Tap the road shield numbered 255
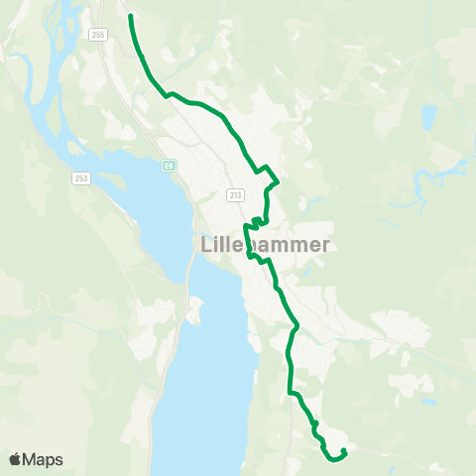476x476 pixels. point(97,34)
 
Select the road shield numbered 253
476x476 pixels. point(81,178)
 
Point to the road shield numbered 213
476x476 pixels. point(235,195)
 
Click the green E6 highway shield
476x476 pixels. point(170,166)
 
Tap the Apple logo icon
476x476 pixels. point(15,459)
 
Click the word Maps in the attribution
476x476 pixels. point(44,459)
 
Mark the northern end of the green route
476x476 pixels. point(131,15)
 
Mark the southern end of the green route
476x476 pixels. point(343,451)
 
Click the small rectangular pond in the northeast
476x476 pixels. point(428,118)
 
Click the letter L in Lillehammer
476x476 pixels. point(206,244)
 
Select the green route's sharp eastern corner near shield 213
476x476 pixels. point(279,182)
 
